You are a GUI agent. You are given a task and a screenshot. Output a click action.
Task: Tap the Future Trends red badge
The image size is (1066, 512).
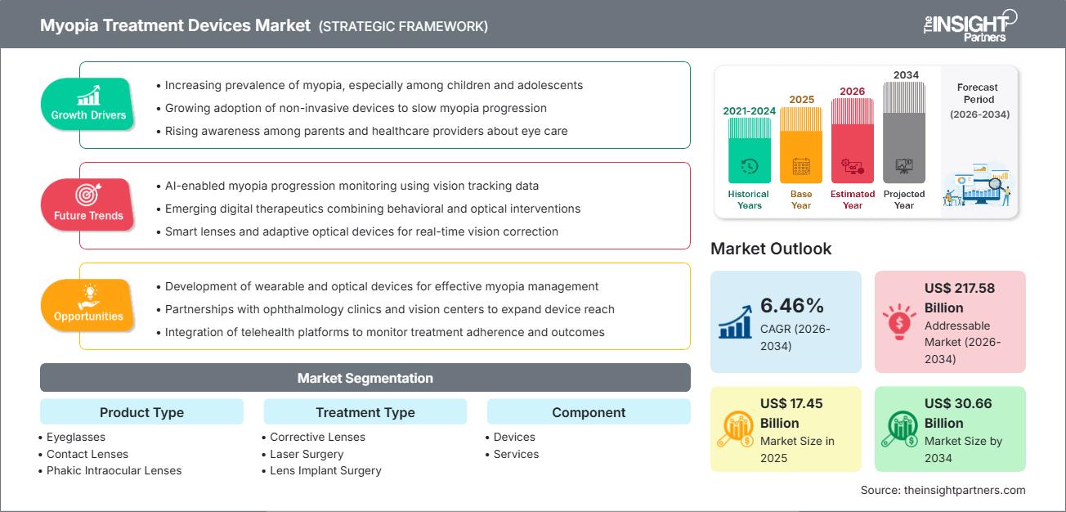(87, 205)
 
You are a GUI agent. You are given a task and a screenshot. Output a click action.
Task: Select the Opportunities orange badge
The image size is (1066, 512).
(87, 306)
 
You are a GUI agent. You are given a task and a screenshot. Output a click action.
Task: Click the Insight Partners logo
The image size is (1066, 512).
(970, 25)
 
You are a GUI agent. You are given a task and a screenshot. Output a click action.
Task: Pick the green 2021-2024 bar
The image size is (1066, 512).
(749, 150)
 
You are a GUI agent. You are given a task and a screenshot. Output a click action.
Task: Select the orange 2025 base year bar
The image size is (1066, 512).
(801, 145)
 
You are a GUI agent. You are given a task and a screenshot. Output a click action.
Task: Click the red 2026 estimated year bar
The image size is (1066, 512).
(853, 140)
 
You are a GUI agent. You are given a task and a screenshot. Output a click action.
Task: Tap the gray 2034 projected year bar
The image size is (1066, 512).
(904, 132)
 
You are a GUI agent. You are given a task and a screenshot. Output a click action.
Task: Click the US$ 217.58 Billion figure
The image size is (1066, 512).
(961, 298)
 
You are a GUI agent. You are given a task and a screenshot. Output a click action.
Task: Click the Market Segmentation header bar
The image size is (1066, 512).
(365, 378)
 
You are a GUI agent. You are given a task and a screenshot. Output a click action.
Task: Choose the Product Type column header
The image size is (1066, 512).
(141, 412)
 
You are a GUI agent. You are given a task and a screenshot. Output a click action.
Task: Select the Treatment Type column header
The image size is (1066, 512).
(365, 412)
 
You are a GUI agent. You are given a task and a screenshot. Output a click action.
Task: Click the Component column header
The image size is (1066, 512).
(589, 412)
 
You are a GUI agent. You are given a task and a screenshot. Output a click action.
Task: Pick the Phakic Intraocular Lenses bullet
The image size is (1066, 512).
(114, 470)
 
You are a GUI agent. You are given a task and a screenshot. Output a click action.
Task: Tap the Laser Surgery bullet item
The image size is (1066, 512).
(307, 454)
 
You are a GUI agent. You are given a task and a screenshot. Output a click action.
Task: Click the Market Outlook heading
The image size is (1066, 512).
(771, 249)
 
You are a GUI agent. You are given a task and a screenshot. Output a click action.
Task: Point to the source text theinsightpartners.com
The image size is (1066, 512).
(943, 490)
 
